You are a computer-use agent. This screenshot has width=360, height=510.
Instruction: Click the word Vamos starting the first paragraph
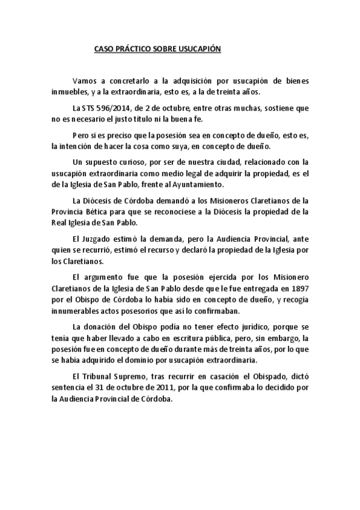coord(84,81)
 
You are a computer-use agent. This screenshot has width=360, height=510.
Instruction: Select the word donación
coord(102,327)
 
